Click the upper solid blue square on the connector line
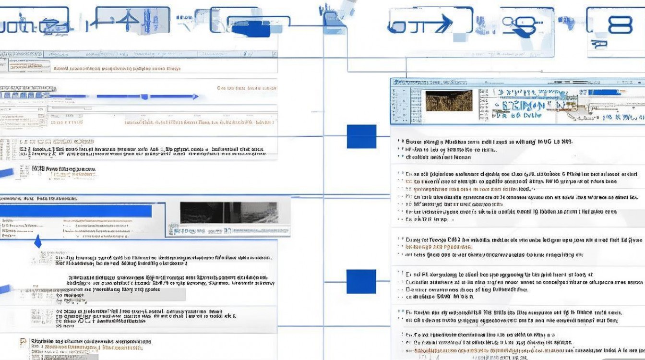point(361,136)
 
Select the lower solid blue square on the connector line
point(361,281)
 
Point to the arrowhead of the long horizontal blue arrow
point(195,96)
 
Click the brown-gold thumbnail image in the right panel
point(449,101)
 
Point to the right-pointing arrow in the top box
point(442,23)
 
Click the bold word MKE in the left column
point(37,169)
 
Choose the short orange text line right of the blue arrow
point(247,88)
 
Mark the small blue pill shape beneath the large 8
point(599,45)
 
